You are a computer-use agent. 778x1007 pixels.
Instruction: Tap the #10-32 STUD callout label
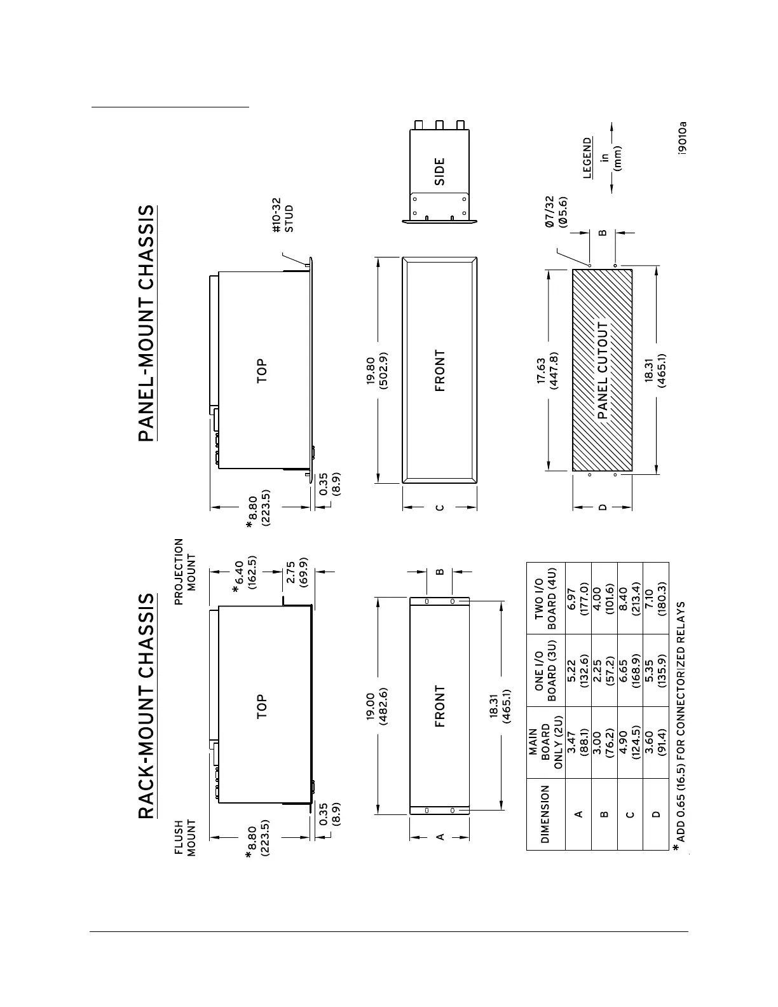click(x=283, y=219)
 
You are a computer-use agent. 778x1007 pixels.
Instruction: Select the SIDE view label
click(x=439, y=172)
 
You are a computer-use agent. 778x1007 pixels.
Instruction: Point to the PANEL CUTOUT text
click(x=603, y=370)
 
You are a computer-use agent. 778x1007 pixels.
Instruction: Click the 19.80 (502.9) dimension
click(x=378, y=369)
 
